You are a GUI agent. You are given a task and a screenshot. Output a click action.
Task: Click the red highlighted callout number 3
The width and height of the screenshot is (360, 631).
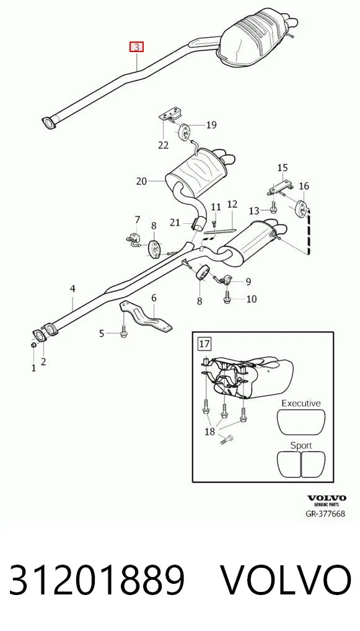(x=136, y=47)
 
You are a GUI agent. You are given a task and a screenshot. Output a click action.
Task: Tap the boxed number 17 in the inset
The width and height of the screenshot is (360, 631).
(x=204, y=343)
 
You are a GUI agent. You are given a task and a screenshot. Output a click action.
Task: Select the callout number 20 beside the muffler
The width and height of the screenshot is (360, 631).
(x=142, y=181)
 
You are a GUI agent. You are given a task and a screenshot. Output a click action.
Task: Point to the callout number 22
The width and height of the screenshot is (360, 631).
(x=164, y=144)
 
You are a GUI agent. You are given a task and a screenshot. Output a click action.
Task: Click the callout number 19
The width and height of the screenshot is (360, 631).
(x=211, y=125)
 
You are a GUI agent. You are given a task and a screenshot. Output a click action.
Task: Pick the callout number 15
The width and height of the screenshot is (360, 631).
(x=283, y=167)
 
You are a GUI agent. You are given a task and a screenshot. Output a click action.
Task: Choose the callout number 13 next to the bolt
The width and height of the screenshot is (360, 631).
(x=254, y=211)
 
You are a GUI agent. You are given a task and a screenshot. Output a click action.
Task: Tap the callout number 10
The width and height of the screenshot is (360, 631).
(x=252, y=299)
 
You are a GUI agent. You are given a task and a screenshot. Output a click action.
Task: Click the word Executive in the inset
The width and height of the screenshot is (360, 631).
(x=301, y=403)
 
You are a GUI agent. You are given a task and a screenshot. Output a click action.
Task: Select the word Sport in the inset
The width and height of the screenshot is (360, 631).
(x=301, y=446)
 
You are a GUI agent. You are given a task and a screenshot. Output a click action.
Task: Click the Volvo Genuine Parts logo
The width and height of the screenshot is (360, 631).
(x=327, y=501)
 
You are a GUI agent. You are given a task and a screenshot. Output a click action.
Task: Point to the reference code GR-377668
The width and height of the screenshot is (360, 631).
(x=325, y=513)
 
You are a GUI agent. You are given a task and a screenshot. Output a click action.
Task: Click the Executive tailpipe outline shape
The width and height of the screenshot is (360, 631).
(x=301, y=422)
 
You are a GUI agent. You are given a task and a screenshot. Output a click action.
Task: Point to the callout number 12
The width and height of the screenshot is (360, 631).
(x=232, y=204)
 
